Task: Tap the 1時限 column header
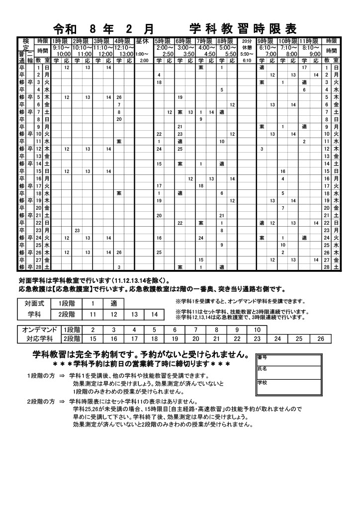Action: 61,41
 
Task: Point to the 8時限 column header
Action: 226,41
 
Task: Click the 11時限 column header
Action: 309,41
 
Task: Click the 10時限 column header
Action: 288,41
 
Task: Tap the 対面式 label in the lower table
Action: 34,303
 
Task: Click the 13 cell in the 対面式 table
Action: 134,314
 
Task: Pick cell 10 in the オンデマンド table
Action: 257,330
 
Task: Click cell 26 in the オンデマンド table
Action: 320,339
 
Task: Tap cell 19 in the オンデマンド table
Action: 175,339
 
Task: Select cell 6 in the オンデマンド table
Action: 175,330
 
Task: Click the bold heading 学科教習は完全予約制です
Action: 140,355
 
